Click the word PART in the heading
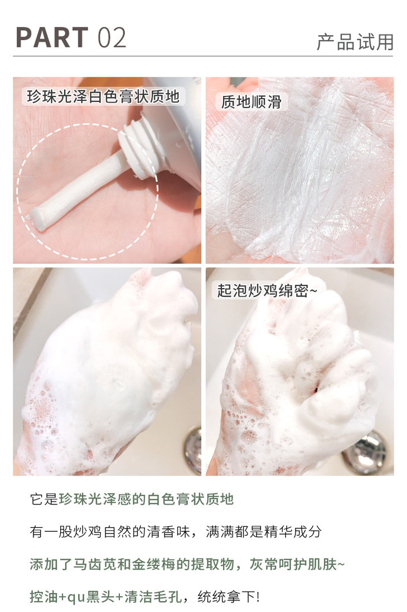click(52, 37)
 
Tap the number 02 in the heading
click(112, 38)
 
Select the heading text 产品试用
click(355, 42)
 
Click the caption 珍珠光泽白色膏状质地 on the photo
click(103, 96)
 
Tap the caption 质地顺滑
click(251, 102)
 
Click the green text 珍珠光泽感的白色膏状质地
click(147, 499)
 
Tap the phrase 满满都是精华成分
click(264, 532)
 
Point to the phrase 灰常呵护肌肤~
click(297, 564)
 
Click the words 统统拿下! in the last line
click(229, 597)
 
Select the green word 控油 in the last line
click(43, 597)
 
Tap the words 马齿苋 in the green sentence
click(95, 564)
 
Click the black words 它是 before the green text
click(44, 499)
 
